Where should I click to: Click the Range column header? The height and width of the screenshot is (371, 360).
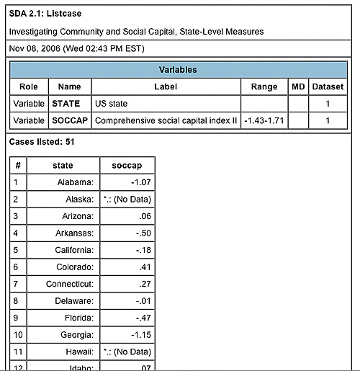(264, 86)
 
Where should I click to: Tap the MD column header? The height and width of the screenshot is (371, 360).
(298, 86)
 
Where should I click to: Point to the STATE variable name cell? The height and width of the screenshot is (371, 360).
(69, 103)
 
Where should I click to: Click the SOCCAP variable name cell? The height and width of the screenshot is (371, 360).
(69, 120)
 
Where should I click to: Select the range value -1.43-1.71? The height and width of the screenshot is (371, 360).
(264, 120)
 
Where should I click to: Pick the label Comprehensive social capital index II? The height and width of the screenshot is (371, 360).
(166, 120)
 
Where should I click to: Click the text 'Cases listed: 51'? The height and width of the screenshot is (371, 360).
(41, 142)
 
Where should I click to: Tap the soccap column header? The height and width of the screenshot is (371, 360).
(127, 165)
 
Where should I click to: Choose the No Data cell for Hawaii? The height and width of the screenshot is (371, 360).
(127, 352)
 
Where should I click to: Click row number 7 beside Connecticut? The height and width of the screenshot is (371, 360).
(16, 284)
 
